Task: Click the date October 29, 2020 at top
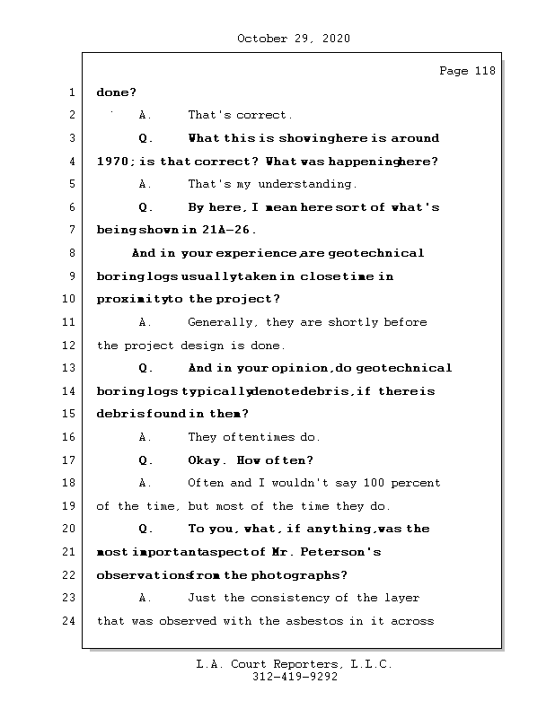(x=293, y=39)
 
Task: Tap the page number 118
(x=481, y=71)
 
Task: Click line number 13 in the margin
(x=71, y=368)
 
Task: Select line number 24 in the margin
(x=71, y=621)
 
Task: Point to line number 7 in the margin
(x=71, y=230)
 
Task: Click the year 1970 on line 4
(x=112, y=162)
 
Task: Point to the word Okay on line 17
(x=207, y=460)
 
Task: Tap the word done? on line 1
(x=116, y=92)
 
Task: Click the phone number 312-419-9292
(x=295, y=678)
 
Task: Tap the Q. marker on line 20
(x=146, y=530)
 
